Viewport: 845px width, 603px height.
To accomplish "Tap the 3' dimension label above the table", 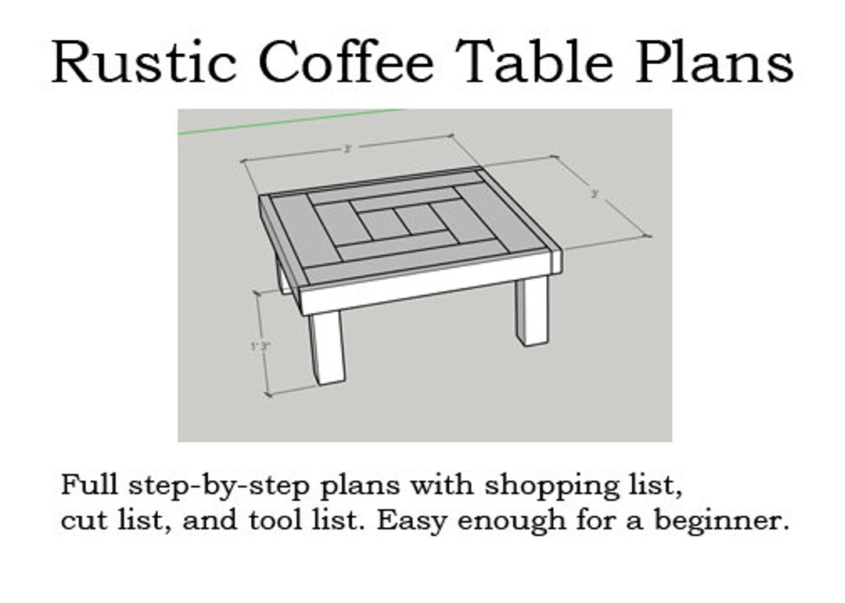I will [347, 149].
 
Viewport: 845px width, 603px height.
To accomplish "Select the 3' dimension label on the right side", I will [595, 194].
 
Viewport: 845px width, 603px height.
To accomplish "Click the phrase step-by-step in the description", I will [214, 486].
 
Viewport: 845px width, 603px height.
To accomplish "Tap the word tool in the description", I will [271, 520].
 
